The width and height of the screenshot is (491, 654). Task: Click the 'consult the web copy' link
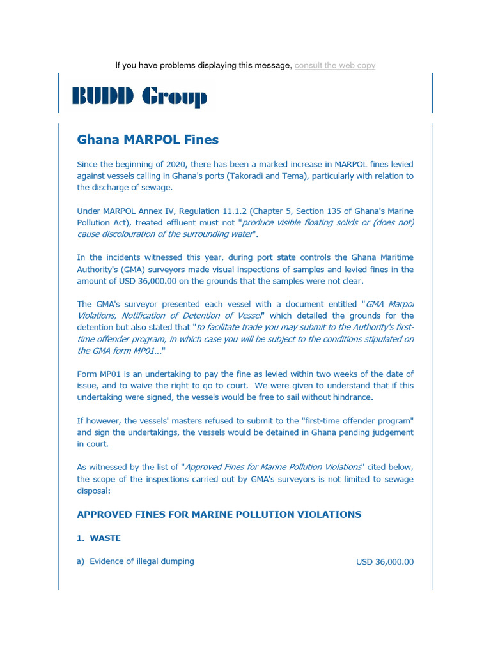point(334,66)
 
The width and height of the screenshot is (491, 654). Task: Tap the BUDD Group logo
point(139,96)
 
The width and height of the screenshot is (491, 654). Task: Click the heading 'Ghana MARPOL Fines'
point(148,139)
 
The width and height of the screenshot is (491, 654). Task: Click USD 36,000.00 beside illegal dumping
point(384,562)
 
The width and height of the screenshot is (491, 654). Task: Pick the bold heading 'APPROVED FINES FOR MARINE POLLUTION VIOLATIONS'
point(219,514)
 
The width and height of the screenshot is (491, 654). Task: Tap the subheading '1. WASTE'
point(98,538)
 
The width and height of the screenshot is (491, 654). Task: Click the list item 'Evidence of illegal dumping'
point(141,561)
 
